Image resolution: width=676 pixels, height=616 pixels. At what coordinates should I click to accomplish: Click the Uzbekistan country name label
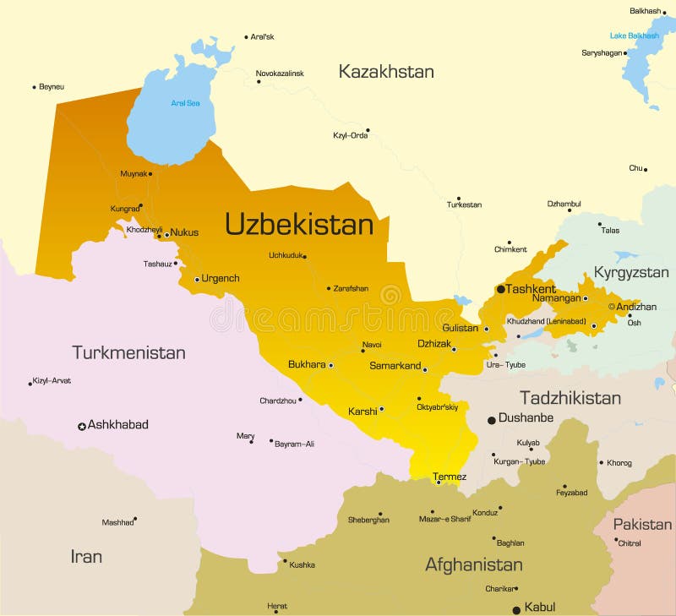point(298,225)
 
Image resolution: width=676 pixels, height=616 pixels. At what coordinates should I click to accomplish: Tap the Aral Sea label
point(185,103)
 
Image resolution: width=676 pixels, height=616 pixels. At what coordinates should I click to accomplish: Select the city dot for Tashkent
point(500,289)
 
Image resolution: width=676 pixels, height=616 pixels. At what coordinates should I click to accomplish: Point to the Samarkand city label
point(395,366)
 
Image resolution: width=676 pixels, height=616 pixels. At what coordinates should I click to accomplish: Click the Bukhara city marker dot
point(330,366)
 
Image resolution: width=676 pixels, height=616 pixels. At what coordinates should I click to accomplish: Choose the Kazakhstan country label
point(386,72)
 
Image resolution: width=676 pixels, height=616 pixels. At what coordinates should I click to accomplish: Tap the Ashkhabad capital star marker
point(82,427)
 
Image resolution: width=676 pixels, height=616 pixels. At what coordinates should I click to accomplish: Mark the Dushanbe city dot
point(491,419)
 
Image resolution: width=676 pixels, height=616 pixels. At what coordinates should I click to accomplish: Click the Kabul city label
point(539,607)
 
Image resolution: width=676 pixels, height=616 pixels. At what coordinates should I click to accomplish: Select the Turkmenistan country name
point(128,353)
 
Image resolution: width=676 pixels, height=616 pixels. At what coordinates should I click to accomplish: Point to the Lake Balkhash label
point(634,35)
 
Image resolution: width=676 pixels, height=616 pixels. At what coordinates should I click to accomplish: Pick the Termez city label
point(450,477)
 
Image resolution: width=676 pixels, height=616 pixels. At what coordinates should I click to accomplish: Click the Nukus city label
point(184,232)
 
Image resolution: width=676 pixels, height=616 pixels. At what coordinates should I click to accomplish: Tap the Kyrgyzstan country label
point(631,273)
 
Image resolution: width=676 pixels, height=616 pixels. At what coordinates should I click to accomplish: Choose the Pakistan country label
point(642,525)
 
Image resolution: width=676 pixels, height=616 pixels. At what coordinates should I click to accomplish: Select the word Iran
point(86,556)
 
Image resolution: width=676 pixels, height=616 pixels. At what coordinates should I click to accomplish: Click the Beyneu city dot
point(34,87)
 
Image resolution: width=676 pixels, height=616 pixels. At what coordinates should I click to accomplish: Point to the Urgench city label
point(221,278)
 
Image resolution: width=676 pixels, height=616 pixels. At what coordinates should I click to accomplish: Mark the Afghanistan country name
point(473,564)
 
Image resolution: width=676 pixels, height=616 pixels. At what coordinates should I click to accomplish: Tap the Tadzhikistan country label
point(570,398)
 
